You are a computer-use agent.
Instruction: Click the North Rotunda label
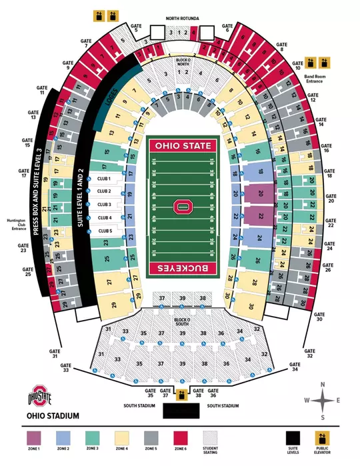(x=183, y=18)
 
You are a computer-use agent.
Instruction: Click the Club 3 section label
(x=105, y=205)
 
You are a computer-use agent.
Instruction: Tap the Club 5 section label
(x=105, y=231)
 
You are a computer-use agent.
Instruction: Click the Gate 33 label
(x=65, y=369)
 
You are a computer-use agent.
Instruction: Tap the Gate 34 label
(x=295, y=369)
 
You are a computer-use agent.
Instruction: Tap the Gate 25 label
(x=27, y=272)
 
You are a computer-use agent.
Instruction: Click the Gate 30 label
(x=319, y=317)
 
